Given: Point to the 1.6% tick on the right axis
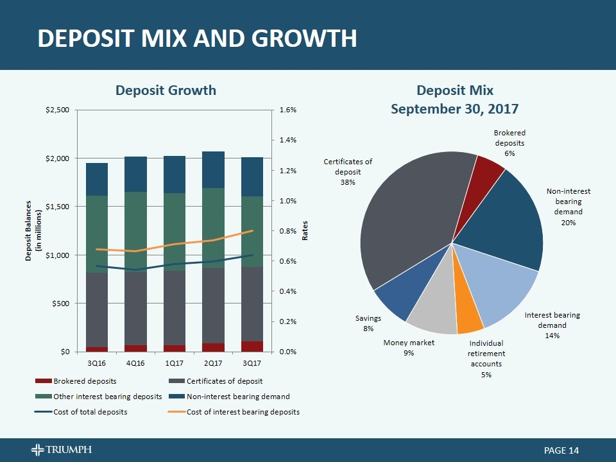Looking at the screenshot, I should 288,110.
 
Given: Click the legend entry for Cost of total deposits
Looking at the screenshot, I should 90,411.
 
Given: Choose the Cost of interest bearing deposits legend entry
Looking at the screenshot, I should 243,411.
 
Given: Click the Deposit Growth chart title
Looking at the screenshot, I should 166,90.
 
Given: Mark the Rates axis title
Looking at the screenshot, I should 305,230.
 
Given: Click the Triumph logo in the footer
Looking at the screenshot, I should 61,450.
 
